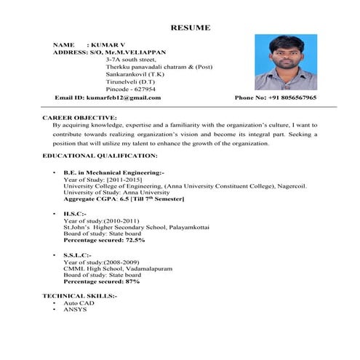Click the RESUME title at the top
click(x=191, y=28)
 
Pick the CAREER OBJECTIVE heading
click(x=79, y=117)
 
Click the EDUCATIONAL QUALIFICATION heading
click(x=100, y=156)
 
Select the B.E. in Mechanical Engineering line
click(x=113, y=172)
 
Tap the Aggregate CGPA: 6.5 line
click(x=124, y=199)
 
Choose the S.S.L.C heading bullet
click(x=77, y=255)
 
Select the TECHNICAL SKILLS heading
click(x=79, y=296)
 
